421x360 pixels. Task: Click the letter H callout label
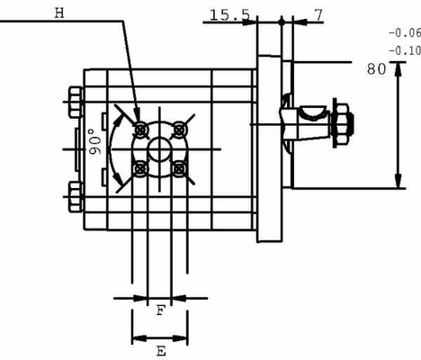coord(60,12)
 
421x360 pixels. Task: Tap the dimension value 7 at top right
coord(318,15)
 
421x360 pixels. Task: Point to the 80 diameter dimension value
coord(376,67)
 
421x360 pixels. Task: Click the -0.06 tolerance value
coord(403,32)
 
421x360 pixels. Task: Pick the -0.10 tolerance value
coord(403,50)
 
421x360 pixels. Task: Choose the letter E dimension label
coord(160,351)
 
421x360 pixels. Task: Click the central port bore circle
coord(160,148)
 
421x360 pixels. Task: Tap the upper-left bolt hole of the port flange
coord(139,127)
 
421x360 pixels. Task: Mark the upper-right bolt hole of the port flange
coord(181,127)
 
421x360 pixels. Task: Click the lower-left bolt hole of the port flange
coord(139,168)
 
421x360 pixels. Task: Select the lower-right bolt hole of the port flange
coord(181,168)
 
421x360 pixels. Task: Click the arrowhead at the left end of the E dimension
coord(136,338)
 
